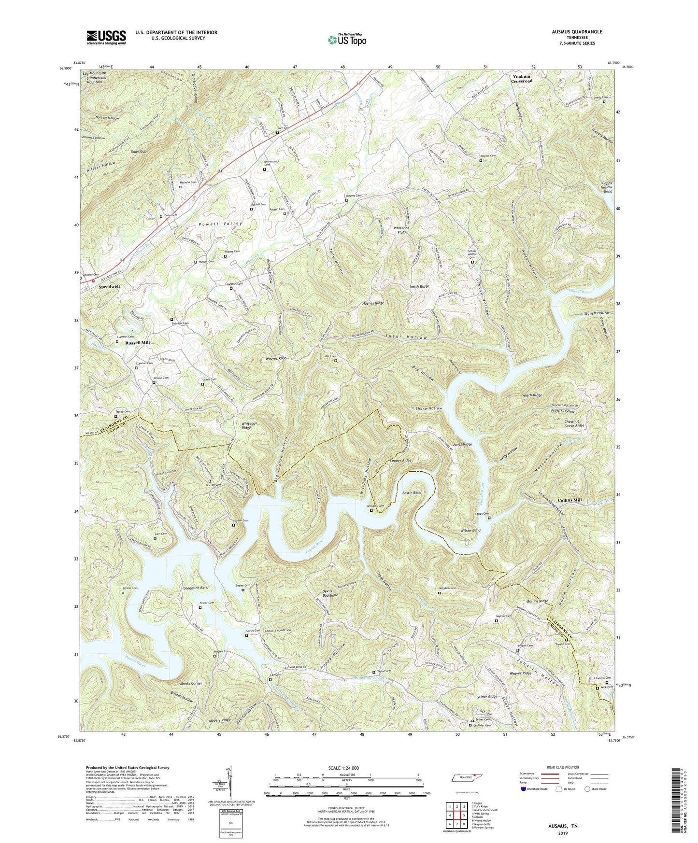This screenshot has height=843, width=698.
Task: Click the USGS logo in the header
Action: coord(106,37)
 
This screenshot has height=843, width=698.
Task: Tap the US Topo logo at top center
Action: coord(346,39)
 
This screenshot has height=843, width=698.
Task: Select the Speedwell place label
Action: coord(109,286)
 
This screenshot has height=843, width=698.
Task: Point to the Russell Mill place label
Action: coord(138,342)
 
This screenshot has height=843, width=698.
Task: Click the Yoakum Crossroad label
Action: coord(522,79)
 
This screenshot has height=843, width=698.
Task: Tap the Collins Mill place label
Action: coord(572,500)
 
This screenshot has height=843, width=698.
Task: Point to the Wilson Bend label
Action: coord(470,531)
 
